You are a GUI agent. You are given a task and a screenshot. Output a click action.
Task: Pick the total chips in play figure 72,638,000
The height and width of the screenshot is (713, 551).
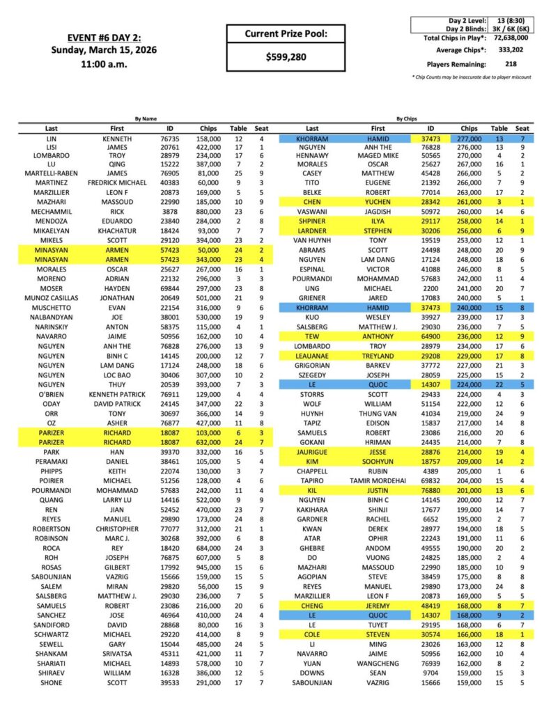[x=511, y=38]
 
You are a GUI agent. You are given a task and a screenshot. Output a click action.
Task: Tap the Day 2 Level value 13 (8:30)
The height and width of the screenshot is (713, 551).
[x=511, y=21]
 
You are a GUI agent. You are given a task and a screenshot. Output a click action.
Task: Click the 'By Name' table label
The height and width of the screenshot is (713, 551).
[x=146, y=119]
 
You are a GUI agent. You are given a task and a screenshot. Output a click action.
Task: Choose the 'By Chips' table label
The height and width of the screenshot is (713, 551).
[x=408, y=119]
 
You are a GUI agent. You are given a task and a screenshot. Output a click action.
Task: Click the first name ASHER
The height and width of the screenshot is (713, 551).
[x=117, y=422]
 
